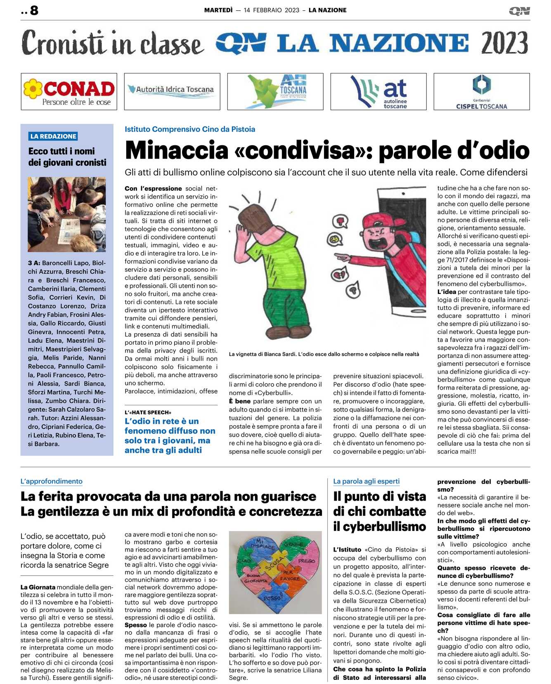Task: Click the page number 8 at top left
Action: pos(34,10)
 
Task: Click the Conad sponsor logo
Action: pos(69,92)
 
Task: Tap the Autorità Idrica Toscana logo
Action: pos(172,91)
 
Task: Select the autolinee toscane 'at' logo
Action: pos(378,92)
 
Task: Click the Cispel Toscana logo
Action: pos(481,92)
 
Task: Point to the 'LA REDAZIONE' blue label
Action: pos(53,136)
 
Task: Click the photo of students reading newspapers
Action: pos(67,214)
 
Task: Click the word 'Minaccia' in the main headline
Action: pos(177,150)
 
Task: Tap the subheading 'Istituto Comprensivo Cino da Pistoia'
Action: pos(190,129)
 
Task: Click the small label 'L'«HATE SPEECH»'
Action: pos(148,412)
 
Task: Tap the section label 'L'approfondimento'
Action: pos(52,481)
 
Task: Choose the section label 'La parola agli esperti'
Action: pos(366,481)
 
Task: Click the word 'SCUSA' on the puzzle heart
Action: pos(274,563)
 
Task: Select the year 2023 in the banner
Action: pos(504,43)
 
